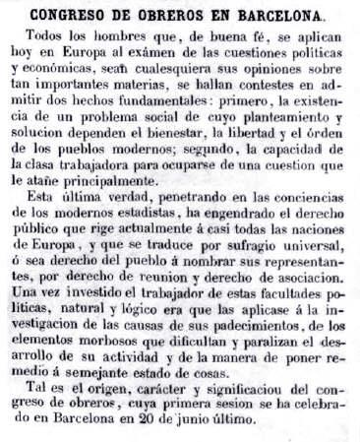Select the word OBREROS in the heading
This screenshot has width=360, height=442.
pyautogui.click(x=183, y=15)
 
